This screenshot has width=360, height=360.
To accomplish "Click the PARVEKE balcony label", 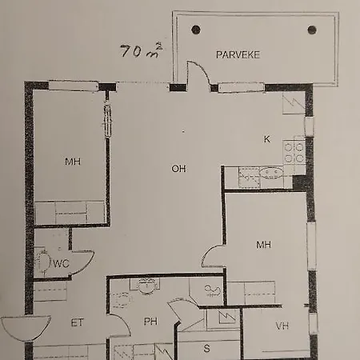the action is coord(238,54).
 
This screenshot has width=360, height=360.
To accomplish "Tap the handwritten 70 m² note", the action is coord(142,50).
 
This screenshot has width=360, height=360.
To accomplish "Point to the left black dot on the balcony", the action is coord(196,30).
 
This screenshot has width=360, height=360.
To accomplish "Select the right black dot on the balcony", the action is coord(312,30).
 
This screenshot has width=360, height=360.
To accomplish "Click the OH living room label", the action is coord(178,169).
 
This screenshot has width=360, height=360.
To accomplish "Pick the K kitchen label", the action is coord(266,139).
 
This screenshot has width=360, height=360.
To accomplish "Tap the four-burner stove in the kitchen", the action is coord(294,152).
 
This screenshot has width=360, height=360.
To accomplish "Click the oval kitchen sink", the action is coord(271,173).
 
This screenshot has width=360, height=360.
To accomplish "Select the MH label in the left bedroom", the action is coord(73,162).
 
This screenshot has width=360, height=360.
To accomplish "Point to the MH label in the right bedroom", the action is coord(263,245).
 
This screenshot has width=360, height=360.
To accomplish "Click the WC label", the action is coord(61,264).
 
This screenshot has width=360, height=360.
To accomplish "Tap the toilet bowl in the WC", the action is coord(44,262).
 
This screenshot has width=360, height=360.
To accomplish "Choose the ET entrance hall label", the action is coord(78,322).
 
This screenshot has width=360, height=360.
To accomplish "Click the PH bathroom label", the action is coord(150,322).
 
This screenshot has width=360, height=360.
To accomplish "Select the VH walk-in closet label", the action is coord(282,326).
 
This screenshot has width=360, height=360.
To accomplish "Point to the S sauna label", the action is coord(206,348).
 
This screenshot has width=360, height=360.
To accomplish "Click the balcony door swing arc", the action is coord(203,69).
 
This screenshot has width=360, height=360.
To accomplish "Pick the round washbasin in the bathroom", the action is coord(146,286).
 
